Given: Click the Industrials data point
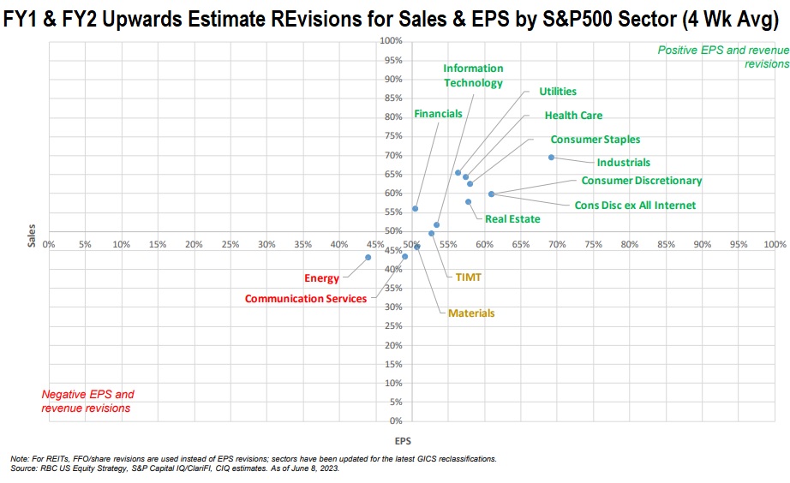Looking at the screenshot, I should pos(551,158).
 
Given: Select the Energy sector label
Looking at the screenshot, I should pos(321,278).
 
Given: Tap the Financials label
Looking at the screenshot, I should pos(438,114).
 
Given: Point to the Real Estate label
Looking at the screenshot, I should pos(512,219).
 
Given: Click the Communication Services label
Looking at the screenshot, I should pos(305,299).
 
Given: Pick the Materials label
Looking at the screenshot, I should pos(470,313).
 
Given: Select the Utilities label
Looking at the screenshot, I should pos(558,92).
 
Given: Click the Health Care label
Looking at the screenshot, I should pos(573,116).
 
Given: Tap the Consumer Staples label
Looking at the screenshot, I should pos(595,140).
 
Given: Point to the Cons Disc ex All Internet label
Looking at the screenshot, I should pos(635,206).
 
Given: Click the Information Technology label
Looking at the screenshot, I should pos(473,75).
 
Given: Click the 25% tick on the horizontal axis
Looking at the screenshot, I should pos(230,244).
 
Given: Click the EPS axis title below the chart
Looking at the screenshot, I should pos(402,442).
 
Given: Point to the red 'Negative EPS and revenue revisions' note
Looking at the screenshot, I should pos(87,402).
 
